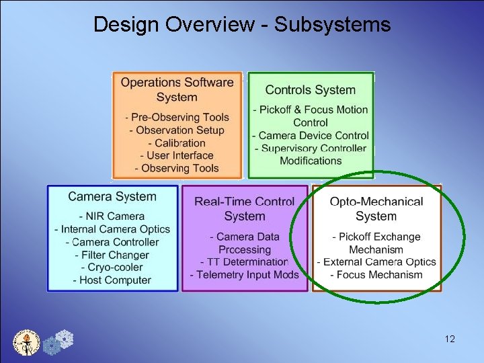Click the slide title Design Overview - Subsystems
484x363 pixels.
coord(241,25)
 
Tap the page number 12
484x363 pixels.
coord(450,339)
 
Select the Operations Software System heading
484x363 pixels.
coord(177,89)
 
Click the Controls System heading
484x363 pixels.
coord(310,90)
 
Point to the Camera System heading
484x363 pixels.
coord(112,197)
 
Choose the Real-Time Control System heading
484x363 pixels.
coord(245,208)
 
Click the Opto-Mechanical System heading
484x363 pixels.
coord(376,208)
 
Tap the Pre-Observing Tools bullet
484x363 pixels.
coord(177,118)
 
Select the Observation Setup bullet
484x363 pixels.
coord(177,130)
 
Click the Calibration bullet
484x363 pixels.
coord(177,143)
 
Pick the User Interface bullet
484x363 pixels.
coord(177,156)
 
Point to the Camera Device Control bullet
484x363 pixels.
coord(310,136)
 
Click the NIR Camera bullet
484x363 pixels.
coord(112,216)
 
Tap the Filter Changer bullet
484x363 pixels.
coord(112,255)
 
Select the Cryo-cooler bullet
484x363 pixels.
coord(112,268)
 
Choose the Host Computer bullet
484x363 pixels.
coord(112,280)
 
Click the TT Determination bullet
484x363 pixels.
coord(244,262)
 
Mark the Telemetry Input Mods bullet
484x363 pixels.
coord(244,275)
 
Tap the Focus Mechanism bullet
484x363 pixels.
coord(376,274)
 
